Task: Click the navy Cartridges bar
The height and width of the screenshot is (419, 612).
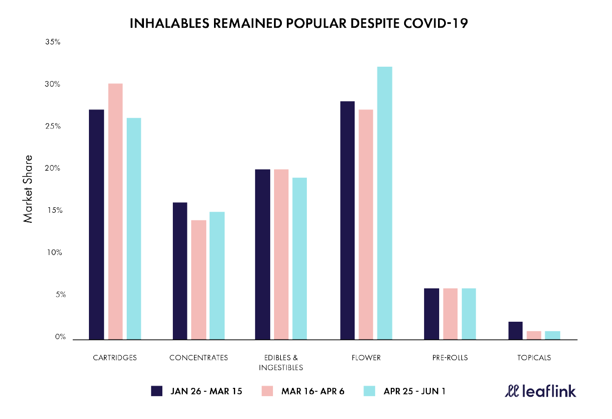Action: (x=96, y=225)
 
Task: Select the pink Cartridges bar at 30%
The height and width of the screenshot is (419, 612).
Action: (x=115, y=211)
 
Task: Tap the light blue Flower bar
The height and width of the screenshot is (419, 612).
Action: (x=385, y=203)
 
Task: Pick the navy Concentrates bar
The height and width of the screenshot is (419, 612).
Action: (x=180, y=271)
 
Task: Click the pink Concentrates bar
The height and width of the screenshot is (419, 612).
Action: (x=199, y=280)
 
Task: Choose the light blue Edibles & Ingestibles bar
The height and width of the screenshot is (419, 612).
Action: (x=300, y=258)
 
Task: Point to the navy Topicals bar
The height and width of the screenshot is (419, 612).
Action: (x=515, y=331)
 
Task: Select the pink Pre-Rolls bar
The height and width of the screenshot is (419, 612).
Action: (x=450, y=314)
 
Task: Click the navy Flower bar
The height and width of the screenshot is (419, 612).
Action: (x=347, y=220)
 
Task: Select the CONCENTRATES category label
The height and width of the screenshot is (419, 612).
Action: (x=198, y=358)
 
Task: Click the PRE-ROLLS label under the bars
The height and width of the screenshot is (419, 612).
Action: (x=450, y=358)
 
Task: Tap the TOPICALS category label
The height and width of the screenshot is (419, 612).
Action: (x=533, y=358)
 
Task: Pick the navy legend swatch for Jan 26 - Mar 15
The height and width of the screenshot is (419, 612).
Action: (x=156, y=391)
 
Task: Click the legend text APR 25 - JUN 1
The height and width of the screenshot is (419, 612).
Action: (x=414, y=391)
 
